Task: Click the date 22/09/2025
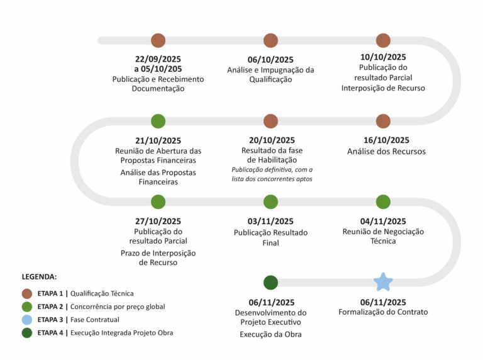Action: click(x=158, y=59)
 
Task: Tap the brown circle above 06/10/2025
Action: click(x=270, y=40)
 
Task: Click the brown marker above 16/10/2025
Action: click(x=383, y=121)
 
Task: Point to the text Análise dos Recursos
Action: click(x=386, y=152)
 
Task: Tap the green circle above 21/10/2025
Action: click(x=158, y=121)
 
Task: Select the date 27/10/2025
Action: click(x=158, y=221)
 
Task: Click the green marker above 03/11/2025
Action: click(x=270, y=201)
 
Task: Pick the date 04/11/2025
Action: click(x=383, y=221)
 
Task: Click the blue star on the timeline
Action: click(x=383, y=282)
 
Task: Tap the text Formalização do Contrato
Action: click(x=383, y=312)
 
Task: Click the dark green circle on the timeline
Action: click(x=270, y=282)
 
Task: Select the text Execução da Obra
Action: click(x=270, y=334)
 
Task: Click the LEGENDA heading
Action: click(x=39, y=276)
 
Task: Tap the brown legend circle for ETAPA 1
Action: click(x=27, y=293)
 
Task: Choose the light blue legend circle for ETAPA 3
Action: click(x=27, y=319)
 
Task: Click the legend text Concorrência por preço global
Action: click(x=118, y=307)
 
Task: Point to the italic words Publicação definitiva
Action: click(x=255, y=170)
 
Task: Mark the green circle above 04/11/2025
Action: click(x=383, y=201)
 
